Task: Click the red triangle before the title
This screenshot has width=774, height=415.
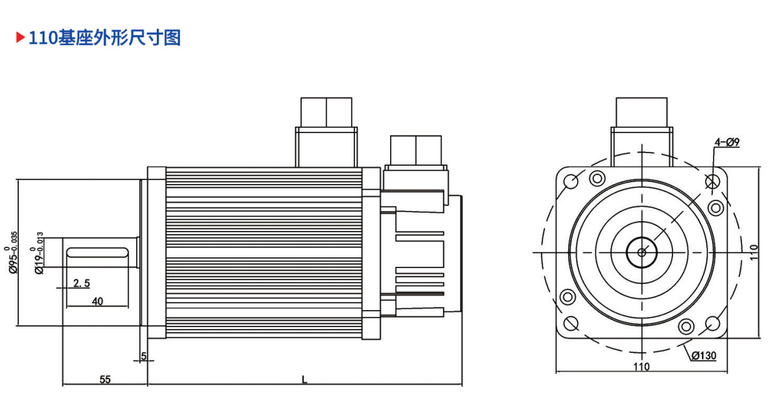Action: pyautogui.click(x=20, y=37)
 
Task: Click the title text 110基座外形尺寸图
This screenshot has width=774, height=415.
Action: pyautogui.click(x=105, y=38)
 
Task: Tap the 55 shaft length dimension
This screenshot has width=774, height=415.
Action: pyautogui.click(x=105, y=379)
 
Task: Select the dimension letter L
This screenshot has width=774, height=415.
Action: pyautogui.click(x=304, y=379)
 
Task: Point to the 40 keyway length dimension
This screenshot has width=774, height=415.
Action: pyautogui.click(x=97, y=301)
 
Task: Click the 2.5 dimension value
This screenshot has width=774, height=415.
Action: pyautogui.click(x=82, y=283)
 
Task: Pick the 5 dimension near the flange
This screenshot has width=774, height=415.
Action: pyautogui.click(x=144, y=356)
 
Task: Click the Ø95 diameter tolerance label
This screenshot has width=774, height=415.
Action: pyautogui.click(x=12, y=252)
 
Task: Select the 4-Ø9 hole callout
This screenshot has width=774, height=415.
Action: pyautogui.click(x=727, y=142)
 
